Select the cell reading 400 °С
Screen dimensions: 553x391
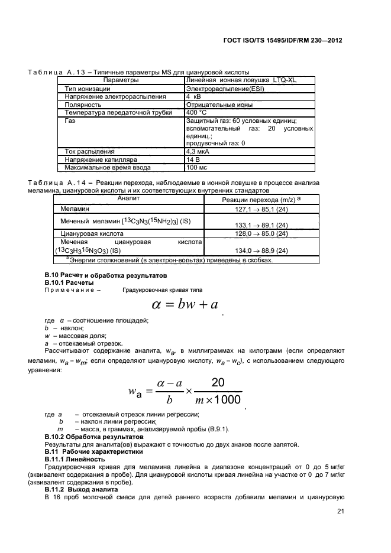pyautogui.click(x=196, y=112)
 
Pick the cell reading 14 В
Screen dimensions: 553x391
pyautogui.click(x=194, y=160)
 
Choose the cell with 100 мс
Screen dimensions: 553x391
pyautogui.click(x=197, y=167)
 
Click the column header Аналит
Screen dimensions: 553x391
pyautogui.click(x=128, y=199)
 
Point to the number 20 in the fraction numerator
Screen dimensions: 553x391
pyautogui.click(x=218, y=383)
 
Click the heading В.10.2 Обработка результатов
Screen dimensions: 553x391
pyautogui.click(x=86, y=436)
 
